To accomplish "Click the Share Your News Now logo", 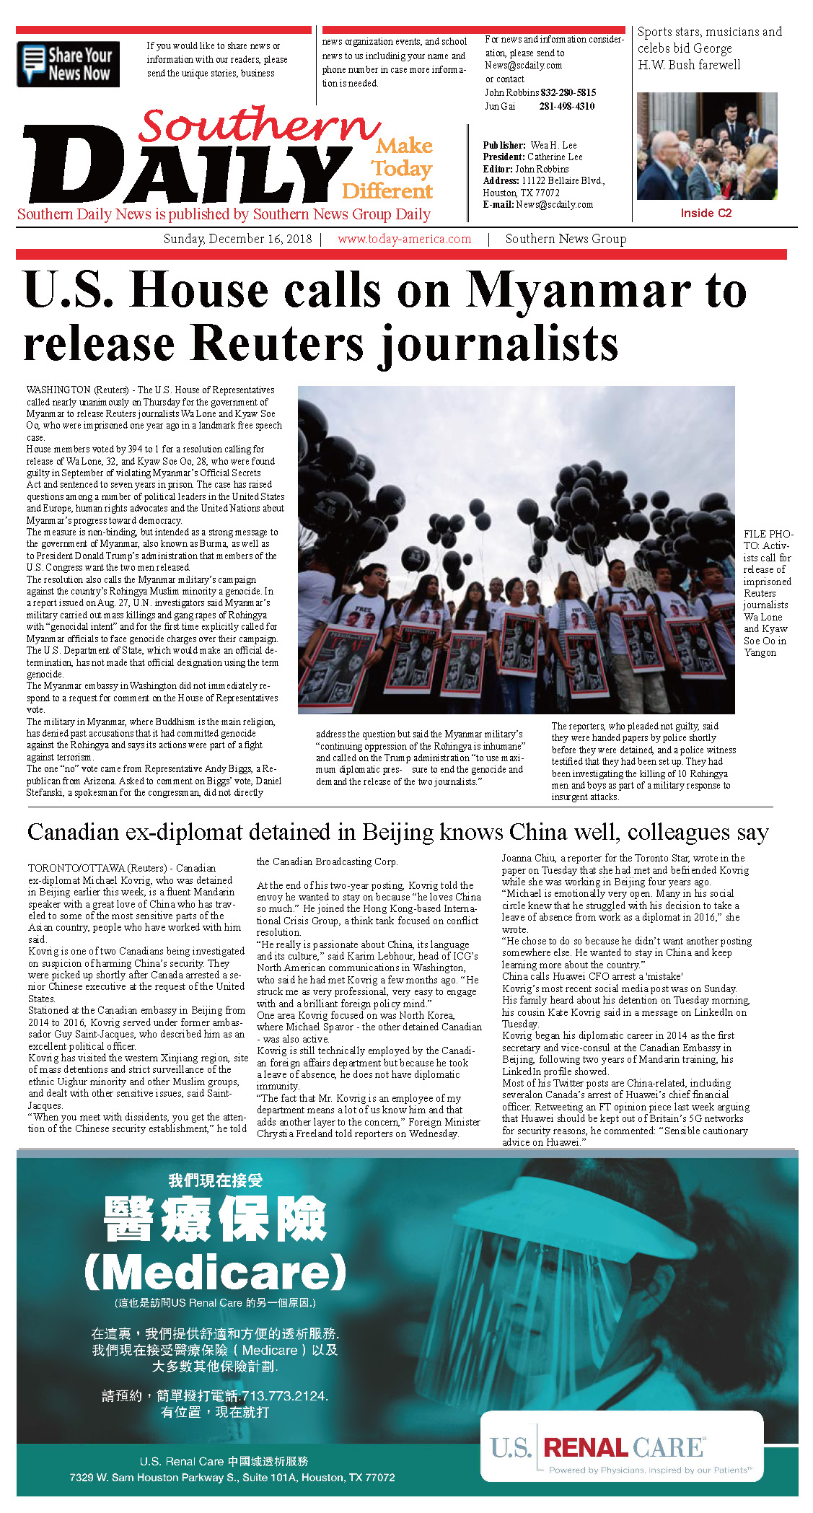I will [x=68, y=64].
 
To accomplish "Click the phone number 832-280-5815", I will [x=568, y=92].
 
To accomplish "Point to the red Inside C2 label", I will [x=706, y=213].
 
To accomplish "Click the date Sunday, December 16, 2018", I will [x=237, y=239].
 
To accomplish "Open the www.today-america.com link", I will [x=404, y=239].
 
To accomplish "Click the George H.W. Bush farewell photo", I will [x=706, y=146].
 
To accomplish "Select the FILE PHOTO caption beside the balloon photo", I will [x=768, y=593].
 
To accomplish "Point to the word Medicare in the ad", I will [x=216, y=1272].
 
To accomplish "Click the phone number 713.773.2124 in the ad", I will [x=284, y=1395].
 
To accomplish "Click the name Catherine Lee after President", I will [x=554, y=157].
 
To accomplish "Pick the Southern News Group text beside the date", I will [x=566, y=239].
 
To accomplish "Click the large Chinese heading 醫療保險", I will [x=216, y=1219].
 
